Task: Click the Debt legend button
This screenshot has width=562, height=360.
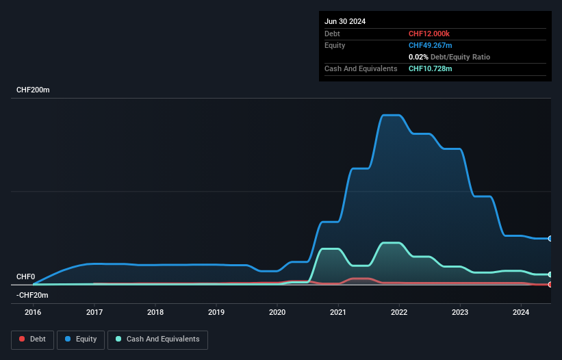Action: coord(32,339)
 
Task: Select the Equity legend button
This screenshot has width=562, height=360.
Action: coord(80,339)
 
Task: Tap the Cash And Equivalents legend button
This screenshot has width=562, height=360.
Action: coord(157,339)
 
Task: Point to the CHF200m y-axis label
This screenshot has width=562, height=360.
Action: coord(34,90)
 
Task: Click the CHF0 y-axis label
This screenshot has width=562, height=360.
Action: coord(25,277)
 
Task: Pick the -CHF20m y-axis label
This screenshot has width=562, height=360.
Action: coord(33,295)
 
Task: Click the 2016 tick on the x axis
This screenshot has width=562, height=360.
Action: coord(34,313)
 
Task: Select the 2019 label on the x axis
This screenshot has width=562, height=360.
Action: coord(216,313)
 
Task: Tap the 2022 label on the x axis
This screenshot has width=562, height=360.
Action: coord(399,313)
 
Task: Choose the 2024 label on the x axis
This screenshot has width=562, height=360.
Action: coord(521,313)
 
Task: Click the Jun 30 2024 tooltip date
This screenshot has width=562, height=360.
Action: coord(345,21)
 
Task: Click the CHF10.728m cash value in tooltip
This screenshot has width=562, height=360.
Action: coord(431,68)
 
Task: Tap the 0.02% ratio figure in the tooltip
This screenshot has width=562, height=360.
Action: coord(418,57)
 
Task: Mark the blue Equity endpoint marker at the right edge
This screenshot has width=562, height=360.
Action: coord(550,239)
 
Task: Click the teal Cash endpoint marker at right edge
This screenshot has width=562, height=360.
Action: coord(550,274)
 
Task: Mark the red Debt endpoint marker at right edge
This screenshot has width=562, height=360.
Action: coord(550,284)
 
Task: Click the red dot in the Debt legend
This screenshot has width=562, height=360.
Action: coord(22,339)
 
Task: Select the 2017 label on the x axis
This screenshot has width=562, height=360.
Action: coord(94,313)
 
